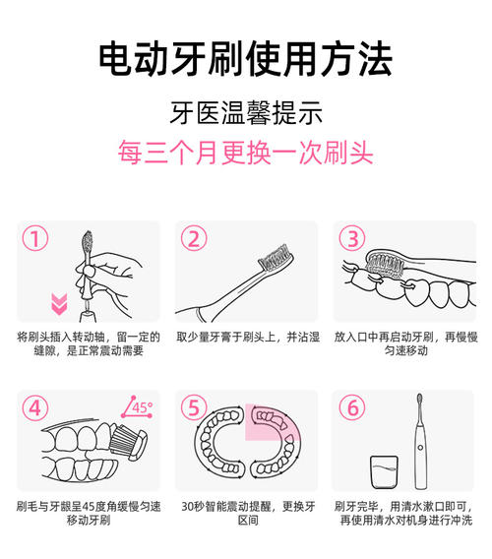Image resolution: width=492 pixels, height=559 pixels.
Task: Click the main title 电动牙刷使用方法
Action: pyautogui.click(x=245, y=59)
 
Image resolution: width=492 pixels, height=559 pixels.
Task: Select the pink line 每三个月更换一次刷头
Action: pyautogui.click(x=245, y=154)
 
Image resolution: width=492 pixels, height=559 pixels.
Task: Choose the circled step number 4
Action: pyautogui.click(x=36, y=406)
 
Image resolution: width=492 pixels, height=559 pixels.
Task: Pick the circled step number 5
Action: pyautogui.click(x=195, y=406)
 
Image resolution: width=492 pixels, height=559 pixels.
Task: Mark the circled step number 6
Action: pyautogui.click(x=351, y=406)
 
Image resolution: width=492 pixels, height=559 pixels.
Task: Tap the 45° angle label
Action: pyautogui.click(x=138, y=405)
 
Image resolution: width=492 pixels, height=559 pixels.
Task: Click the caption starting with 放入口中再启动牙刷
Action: pyautogui.click(x=404, y=343)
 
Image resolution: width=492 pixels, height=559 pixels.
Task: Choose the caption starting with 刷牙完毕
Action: pyautogui.click(x=404, y=513)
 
